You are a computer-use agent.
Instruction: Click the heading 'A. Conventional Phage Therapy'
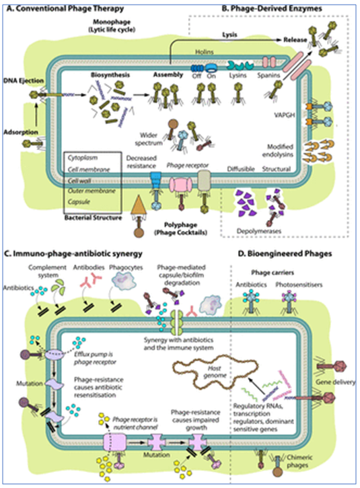click(x=61, y=7)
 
